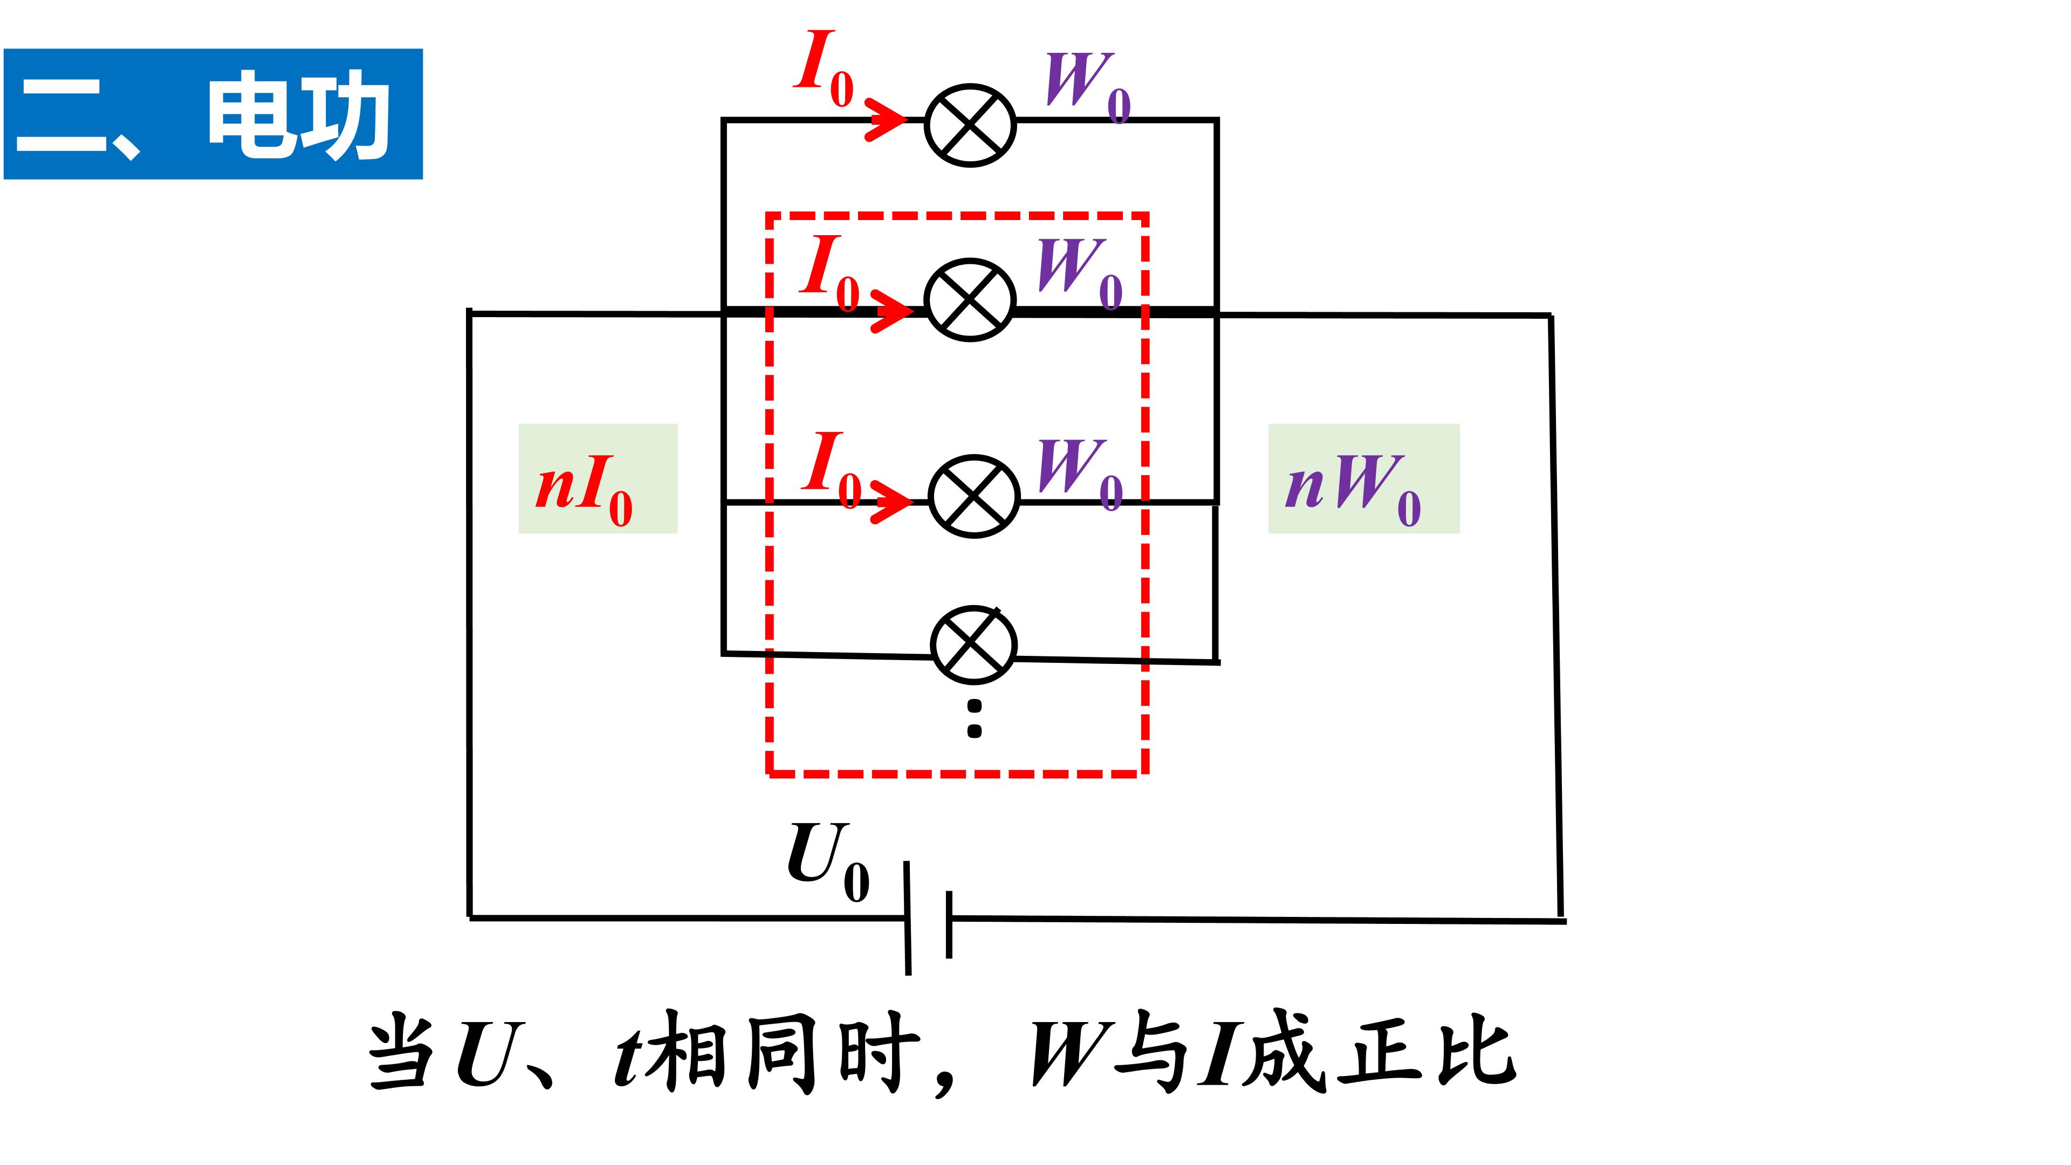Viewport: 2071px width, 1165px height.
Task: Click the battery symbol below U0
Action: pyautogui.click(x=929, y=918)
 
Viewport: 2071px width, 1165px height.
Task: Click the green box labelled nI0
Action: pyautogui.click(x=598, y=478)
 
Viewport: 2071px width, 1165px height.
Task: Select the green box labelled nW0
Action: pyautogui.click(x=1363, y=478)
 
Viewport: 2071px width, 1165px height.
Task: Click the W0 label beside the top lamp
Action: pyautogui.click(x=1088, y=87)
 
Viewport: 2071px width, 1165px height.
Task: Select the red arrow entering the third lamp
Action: pyautogui.click(x=892, y=502)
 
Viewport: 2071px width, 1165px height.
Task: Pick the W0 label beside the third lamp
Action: pyautogui.click(x=1080, y=475)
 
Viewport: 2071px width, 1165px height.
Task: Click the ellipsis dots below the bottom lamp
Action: pyautogui.click(x=975, y=719)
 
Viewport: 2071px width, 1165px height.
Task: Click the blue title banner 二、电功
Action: pyautogui.click(x=213, y=114)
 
